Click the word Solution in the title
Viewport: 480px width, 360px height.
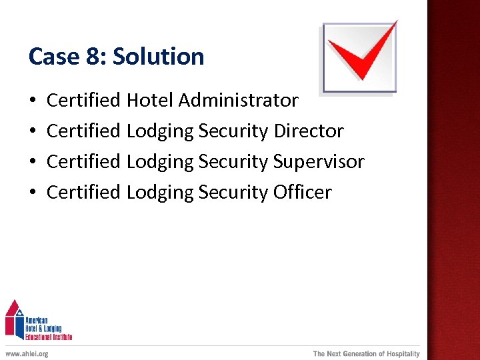pyautogui.click(x=159, y=57)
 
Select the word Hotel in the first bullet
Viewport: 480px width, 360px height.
pyautogui.click(x=150, y=101)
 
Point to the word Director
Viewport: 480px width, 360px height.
pyautogui.click(x=309, y=131)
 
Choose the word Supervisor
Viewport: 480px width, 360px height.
pyautogui.click(x=319, y=162)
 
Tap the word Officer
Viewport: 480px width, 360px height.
pyautogui.click(x=302, y=193)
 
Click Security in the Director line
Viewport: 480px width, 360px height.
pyautogui.click(x=233, y=131)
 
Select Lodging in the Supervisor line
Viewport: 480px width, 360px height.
pyautogui.click(x=160, y=162)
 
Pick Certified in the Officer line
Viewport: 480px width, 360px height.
pyautogui.click(x=83, y=193)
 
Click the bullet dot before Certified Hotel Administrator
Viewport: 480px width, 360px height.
pyautogui.click(x=33, y=101)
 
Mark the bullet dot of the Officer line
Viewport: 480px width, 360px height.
pyautogui.click(x=33, y=193)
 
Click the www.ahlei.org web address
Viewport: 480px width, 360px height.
pyautogui.click(x=27, y=353)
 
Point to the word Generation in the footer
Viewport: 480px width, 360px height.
pyautogui.click(x=356, y=353)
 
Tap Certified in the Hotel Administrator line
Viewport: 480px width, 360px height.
pyautogui.click(x=83, y=101)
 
